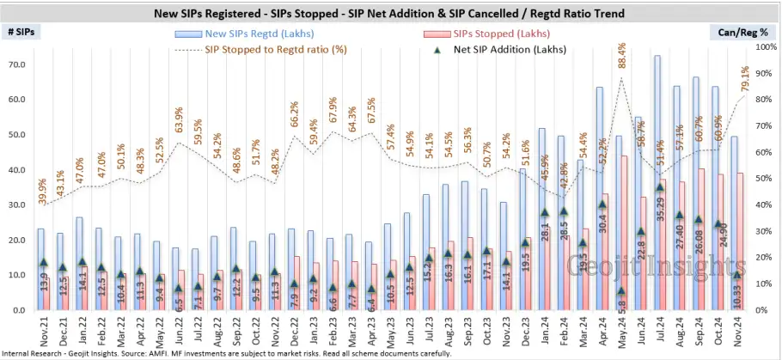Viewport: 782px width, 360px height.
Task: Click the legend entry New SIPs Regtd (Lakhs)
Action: [255, 34]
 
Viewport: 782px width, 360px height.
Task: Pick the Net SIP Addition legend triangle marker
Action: [437, 50]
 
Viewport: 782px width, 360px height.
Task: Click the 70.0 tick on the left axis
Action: [16, 64]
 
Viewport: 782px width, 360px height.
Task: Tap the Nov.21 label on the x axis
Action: [44, 327]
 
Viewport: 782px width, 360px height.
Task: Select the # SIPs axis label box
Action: [22, 33]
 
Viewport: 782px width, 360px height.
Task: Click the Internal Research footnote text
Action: [232, 352]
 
